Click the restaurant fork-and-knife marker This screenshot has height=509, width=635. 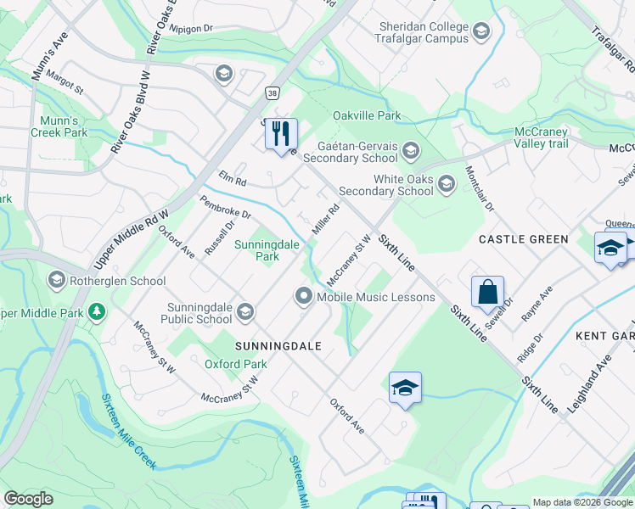tap(281, 134)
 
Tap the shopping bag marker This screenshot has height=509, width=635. tap(488, 293)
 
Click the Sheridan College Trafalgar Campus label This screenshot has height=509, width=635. tap(423, 32)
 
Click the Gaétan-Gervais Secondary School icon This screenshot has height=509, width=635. tap(411, 152)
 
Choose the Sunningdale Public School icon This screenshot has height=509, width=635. tap(244, 313)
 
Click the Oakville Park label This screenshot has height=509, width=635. tap(367, 115)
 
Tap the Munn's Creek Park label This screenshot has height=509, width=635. tap(59, 126)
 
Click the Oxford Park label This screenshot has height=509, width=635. tap(235, 364)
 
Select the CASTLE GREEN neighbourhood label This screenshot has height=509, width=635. tap(523, 239)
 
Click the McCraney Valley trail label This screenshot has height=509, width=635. tap(553, 137)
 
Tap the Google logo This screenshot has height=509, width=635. tap(28, 499)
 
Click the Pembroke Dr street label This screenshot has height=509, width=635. tap(225, 208)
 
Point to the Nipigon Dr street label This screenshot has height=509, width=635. tap(191, 28)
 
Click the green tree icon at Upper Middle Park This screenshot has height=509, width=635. tap(98, 312)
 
